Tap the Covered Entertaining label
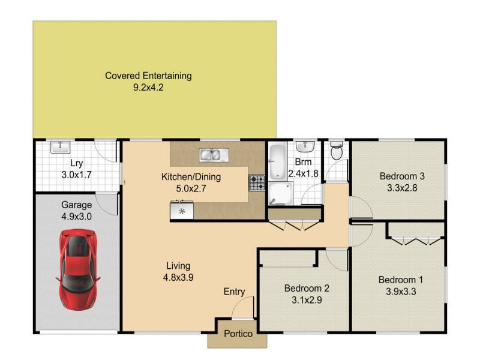148,76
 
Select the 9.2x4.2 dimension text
148,87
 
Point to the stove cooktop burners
257,182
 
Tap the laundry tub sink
60,146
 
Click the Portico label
238,334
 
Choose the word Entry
234,292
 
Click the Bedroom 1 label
400,280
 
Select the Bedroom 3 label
402,176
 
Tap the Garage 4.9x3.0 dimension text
76,217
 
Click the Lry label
76,163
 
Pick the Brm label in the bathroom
302,163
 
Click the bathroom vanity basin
306,146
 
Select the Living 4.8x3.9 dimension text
178,277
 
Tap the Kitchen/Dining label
191,177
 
